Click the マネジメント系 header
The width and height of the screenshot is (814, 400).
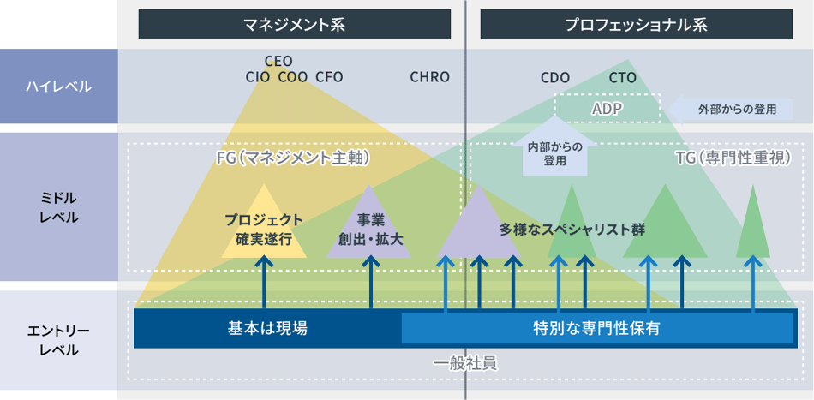point(294,25)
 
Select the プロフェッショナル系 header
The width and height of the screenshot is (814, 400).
point(636,25)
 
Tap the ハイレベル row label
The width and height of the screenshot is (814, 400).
point(58,87)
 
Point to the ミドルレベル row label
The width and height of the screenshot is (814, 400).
point(58,206)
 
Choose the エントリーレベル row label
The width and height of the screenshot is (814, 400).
point(58,340)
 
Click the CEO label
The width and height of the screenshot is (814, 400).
point(278,61)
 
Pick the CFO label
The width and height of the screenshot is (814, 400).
point(329,77)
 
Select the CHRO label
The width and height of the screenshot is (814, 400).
point(429,77)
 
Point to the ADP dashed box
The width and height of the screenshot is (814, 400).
point(608,109)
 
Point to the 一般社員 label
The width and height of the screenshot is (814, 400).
point(464,363)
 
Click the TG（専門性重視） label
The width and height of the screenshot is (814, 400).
point(732,158)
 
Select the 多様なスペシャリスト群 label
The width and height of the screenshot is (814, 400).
point(572,230)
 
